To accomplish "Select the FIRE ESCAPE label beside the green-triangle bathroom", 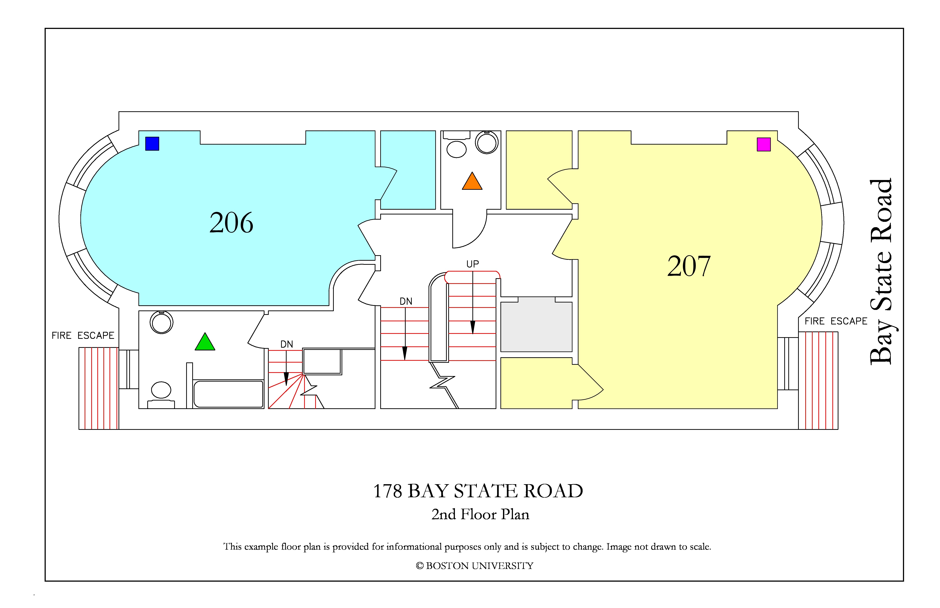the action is (x=83, y=336).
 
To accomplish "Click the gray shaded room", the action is (x=536, y=324).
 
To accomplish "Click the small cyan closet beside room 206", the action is (x=408, y=170).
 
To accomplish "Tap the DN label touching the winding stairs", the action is (x=287, y=344).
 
